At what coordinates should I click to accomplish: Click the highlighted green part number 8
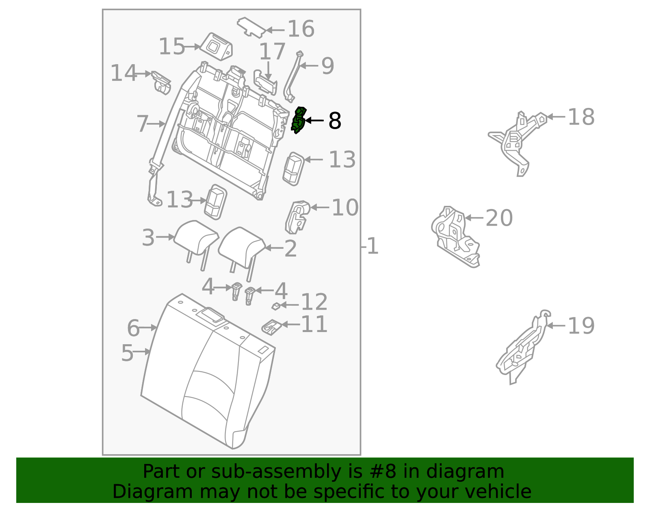tap(298, 121)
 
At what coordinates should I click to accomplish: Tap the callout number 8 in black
tap(334, 121)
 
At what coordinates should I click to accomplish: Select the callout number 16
tap(301, 29)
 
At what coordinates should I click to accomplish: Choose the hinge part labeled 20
tap(455, 235)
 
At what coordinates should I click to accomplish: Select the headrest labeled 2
tap(242, 246)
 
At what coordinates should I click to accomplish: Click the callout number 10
tap(345, 207)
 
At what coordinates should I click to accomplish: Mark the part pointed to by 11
tap(271, 326)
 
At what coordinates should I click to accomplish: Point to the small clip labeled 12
tap(276, 306)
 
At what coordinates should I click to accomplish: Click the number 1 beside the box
tap(372, 246)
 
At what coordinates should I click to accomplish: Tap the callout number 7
tap(142, 123)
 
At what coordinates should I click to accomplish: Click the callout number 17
tap(272, 52)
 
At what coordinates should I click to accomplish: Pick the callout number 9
tap(327, 65)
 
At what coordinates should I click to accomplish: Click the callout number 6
tap(133, 328)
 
